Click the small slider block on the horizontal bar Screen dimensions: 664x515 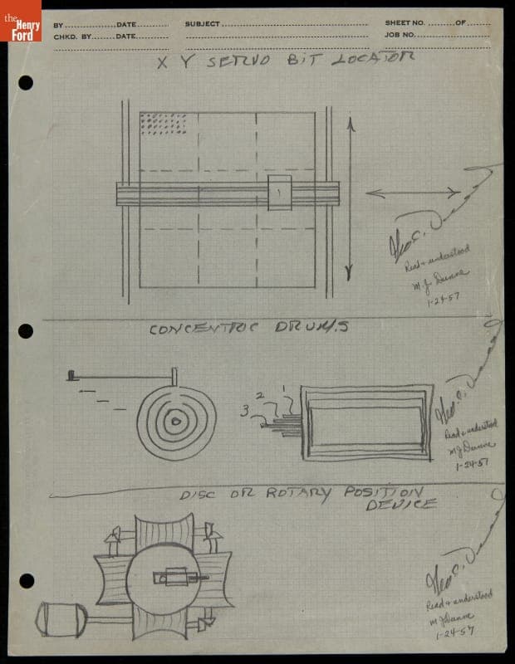pyautogui.click(x=280, y=193)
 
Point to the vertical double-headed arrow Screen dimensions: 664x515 pyautogui.click(x=350, y=198)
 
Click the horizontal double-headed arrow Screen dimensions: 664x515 pyautogui.click(x=413, y=193)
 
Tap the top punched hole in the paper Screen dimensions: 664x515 pyautogui.click(x=26, y=82)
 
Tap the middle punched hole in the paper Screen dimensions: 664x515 pyautogui.click(x=26, y=331)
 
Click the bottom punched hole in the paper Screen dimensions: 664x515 pyautogui.click(x=26, y=580)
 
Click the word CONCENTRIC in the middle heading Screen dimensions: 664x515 pyautogui.click(x=201, y=329)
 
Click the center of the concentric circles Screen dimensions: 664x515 pyautogui.click(x=176, y=422)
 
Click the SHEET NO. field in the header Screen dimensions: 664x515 pyautogui.click(x=405, y=23)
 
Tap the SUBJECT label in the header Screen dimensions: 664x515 pyautogui.click(x=203, y=23)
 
